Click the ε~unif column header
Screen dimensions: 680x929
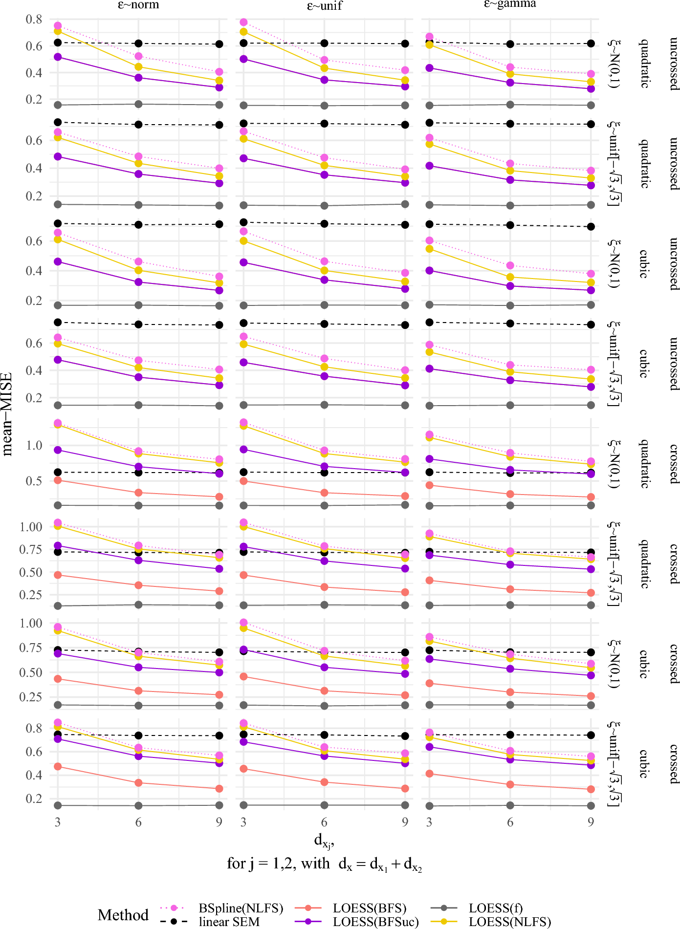[325, 5]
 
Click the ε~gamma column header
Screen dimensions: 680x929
[510, 4]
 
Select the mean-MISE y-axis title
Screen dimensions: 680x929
[7, 414]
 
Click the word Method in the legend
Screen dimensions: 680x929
[123, 915]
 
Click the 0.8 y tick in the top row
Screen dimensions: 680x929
[34, 20]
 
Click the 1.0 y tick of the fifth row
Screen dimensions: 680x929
[34, 446]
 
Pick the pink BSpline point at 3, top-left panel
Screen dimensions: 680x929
[58, 25]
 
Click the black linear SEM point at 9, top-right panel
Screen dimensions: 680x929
[591, 43]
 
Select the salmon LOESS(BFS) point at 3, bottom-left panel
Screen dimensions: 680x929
[58, 767]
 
